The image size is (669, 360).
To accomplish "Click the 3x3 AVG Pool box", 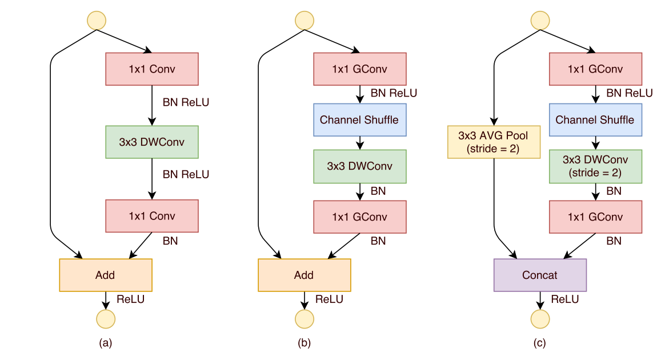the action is [x=494, y=142].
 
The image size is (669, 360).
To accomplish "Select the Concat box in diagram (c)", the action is [x=540, y=275].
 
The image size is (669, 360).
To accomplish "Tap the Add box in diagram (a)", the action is [x=105, y=275].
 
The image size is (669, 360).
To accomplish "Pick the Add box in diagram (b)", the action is [x=304, y=275].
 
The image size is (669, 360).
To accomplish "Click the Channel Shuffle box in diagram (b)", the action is [x=360, y=120].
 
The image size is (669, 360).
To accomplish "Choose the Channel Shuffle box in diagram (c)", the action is [x=595, y=120].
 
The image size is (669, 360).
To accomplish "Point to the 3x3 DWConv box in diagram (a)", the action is [x=152, y=142].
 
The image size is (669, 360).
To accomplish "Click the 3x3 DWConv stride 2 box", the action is [x=595, y=166].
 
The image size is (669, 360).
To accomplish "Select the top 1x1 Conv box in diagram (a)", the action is [x=152, y=69].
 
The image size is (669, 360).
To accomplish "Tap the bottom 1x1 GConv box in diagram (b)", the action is [x=360, y=217].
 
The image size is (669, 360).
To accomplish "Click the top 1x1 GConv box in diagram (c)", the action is [x=595, y=69].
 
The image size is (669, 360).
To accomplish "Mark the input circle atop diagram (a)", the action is [x=97, y=20].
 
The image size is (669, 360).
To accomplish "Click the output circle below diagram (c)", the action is [x=540, y=319].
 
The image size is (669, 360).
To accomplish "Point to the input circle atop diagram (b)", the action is [x=304, y=20].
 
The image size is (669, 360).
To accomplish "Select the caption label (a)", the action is [x=105, y=343].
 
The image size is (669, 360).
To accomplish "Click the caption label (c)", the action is [x=540, y=343].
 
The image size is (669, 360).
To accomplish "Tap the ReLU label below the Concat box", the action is [x=565, y=299].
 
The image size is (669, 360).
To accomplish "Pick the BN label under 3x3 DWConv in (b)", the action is [x=378, y=191].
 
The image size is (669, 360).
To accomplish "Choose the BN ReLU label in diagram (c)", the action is [x=630, y=93].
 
